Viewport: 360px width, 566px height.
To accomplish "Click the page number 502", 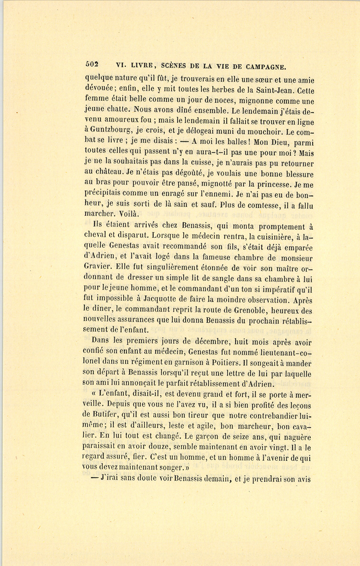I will [x=92, y=64].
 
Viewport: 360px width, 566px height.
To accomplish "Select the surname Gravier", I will [x=98, y=267].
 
